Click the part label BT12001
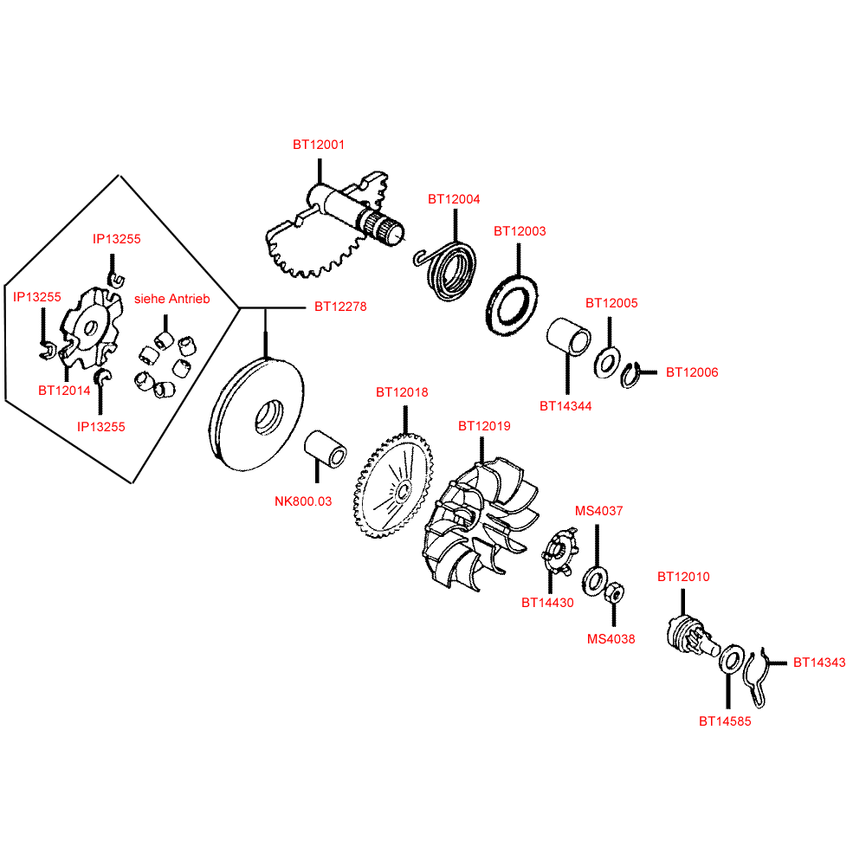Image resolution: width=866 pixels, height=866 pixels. coord(318,145)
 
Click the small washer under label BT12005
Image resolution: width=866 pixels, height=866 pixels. coord(606,361)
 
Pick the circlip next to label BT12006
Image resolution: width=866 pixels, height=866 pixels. coord(634,375)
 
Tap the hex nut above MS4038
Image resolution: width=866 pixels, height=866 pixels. coord(614,593)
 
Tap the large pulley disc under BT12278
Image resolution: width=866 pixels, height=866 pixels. coord(256,417)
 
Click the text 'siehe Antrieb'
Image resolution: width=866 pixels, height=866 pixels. coord(172,299)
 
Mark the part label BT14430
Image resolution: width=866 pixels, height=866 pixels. coord(547,603)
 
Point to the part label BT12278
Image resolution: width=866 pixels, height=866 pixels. coord(340,307)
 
